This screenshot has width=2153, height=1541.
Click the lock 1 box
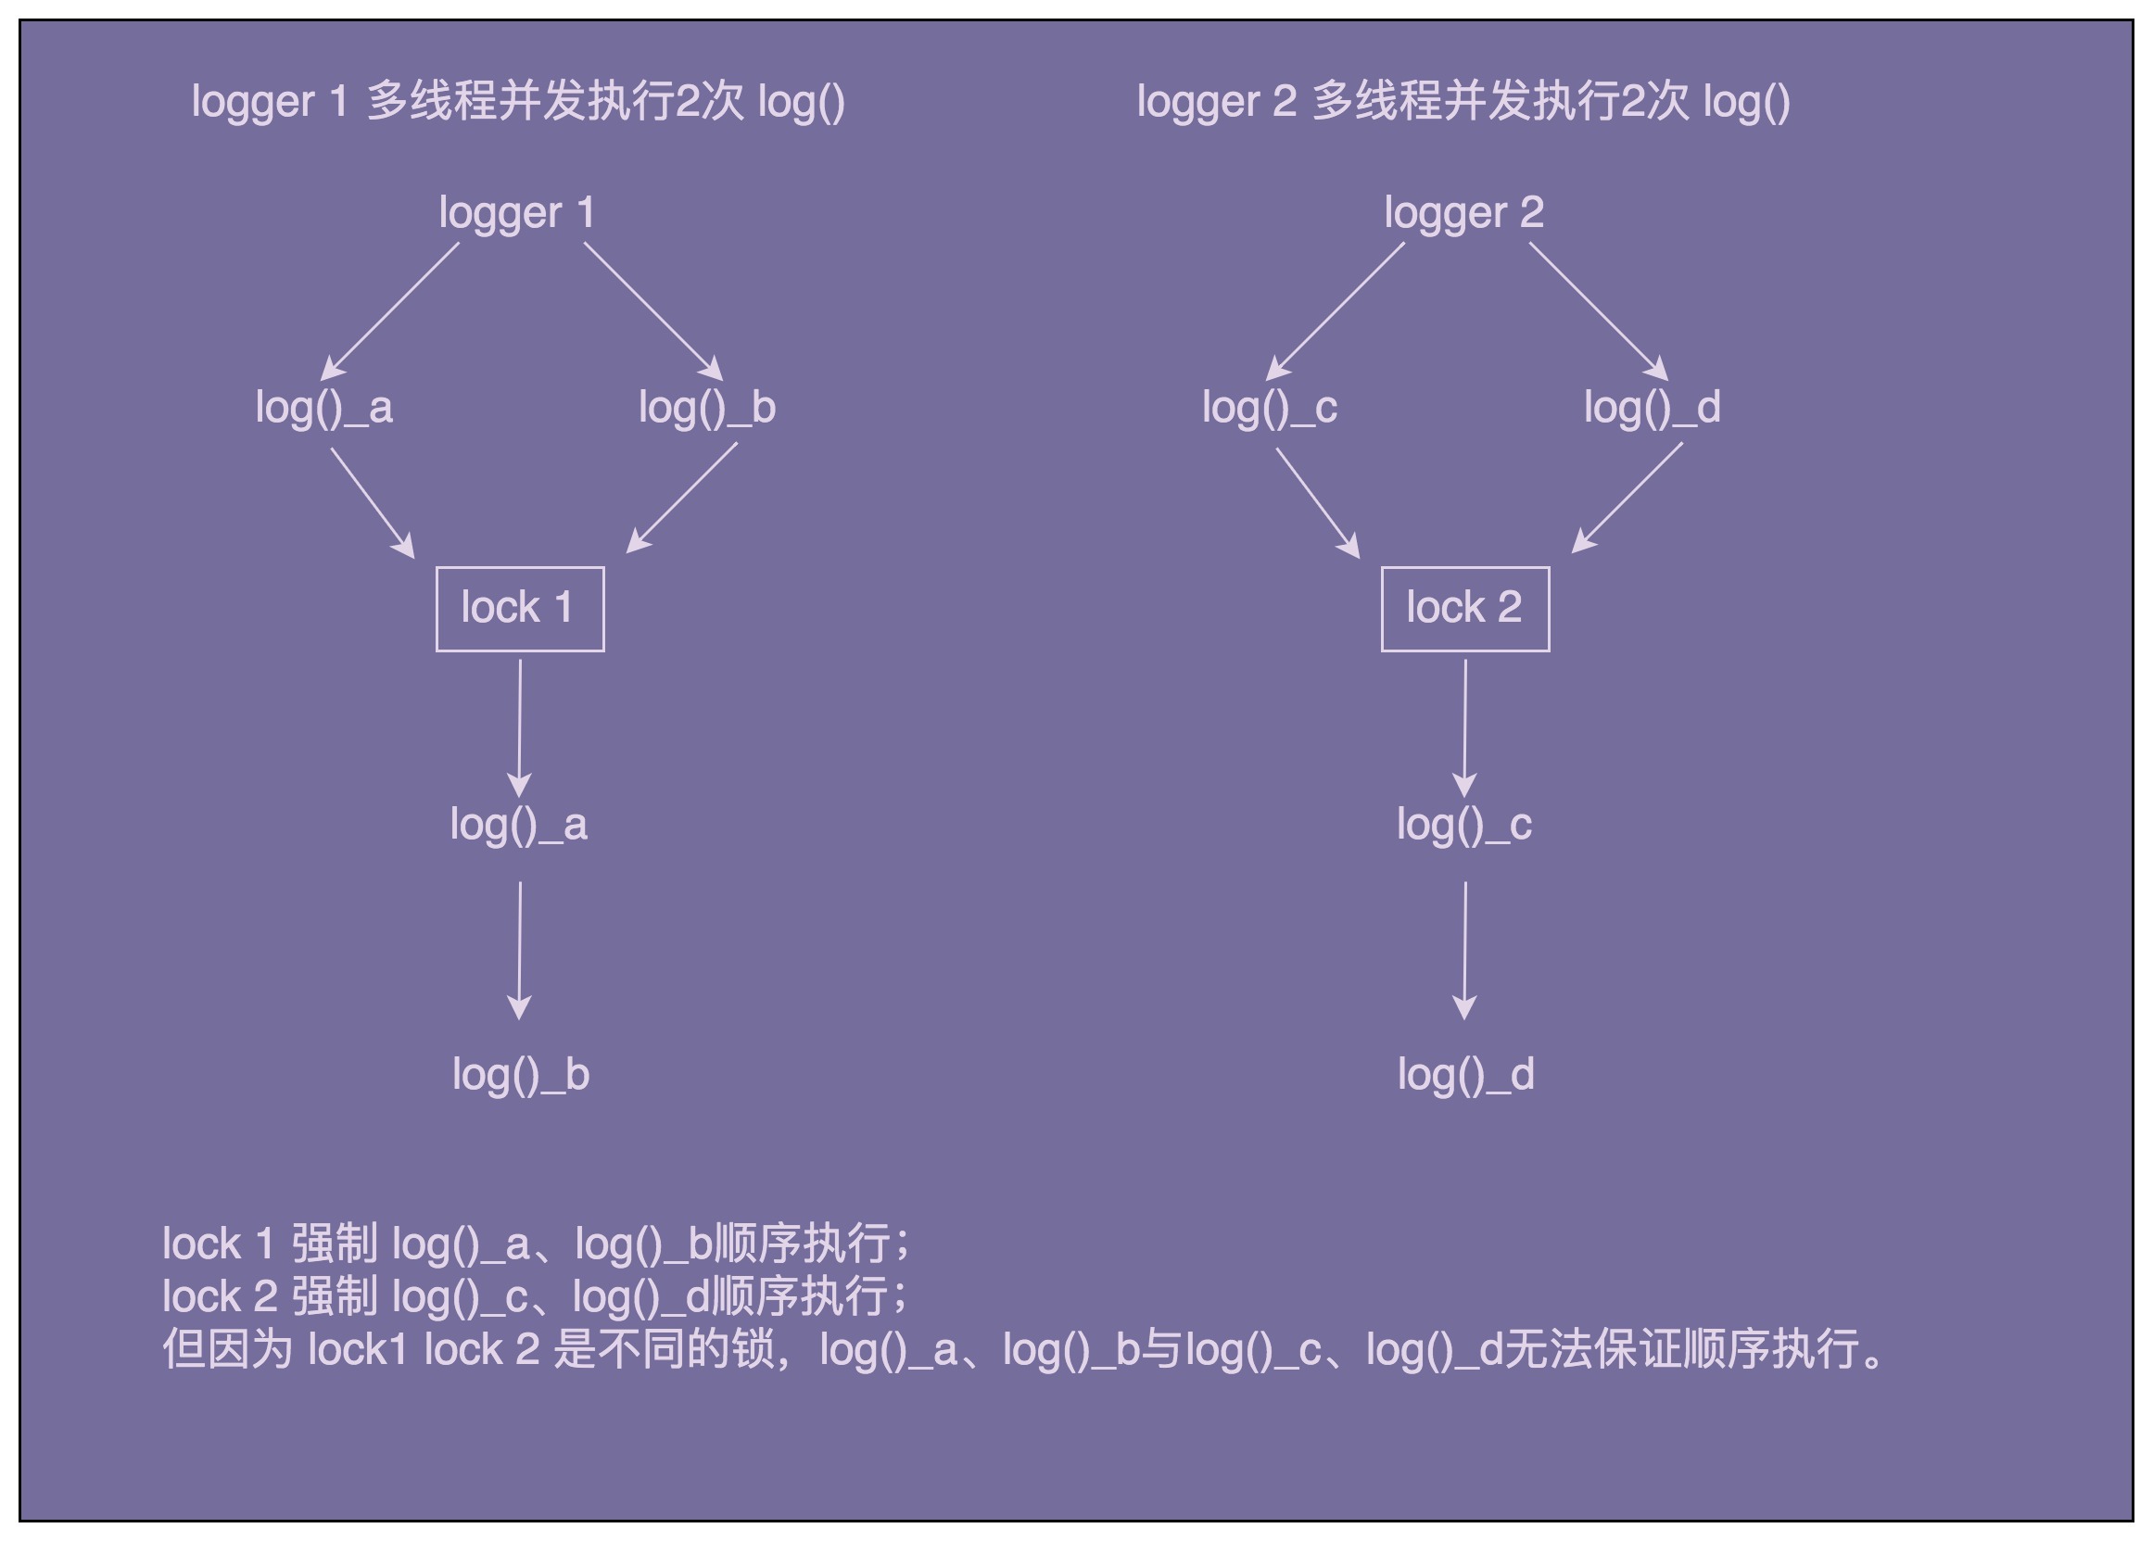click(519, 608)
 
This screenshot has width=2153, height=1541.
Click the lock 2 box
click(1464, 608)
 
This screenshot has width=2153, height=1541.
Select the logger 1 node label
click(516, 212)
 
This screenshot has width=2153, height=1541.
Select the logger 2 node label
click(1463, 212)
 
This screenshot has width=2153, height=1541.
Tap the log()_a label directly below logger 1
click(323, 408)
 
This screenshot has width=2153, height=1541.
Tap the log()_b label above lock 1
click(707, 408)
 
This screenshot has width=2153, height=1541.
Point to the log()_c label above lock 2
click(1269, 408)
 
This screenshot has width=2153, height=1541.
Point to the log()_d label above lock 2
click(1651, 408)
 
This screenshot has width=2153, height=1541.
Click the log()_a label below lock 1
click(518, 825)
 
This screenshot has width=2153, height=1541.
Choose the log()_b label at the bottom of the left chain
click(521, 1075)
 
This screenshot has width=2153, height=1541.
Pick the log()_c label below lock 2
click(1463, 825)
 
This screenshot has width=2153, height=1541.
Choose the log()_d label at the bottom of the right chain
click(1465, 1075)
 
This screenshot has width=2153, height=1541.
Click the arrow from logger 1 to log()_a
click(390, 311)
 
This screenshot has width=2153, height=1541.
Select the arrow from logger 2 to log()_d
click(1598, 311)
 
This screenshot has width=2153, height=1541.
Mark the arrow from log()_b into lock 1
click(681, 499)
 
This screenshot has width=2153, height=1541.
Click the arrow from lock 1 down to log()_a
click(519, 727)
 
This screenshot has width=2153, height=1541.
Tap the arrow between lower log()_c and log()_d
click(1464, 951)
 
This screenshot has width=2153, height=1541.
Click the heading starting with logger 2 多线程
click(1463, 102)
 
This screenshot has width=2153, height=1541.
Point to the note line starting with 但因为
click(1025, 1348)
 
